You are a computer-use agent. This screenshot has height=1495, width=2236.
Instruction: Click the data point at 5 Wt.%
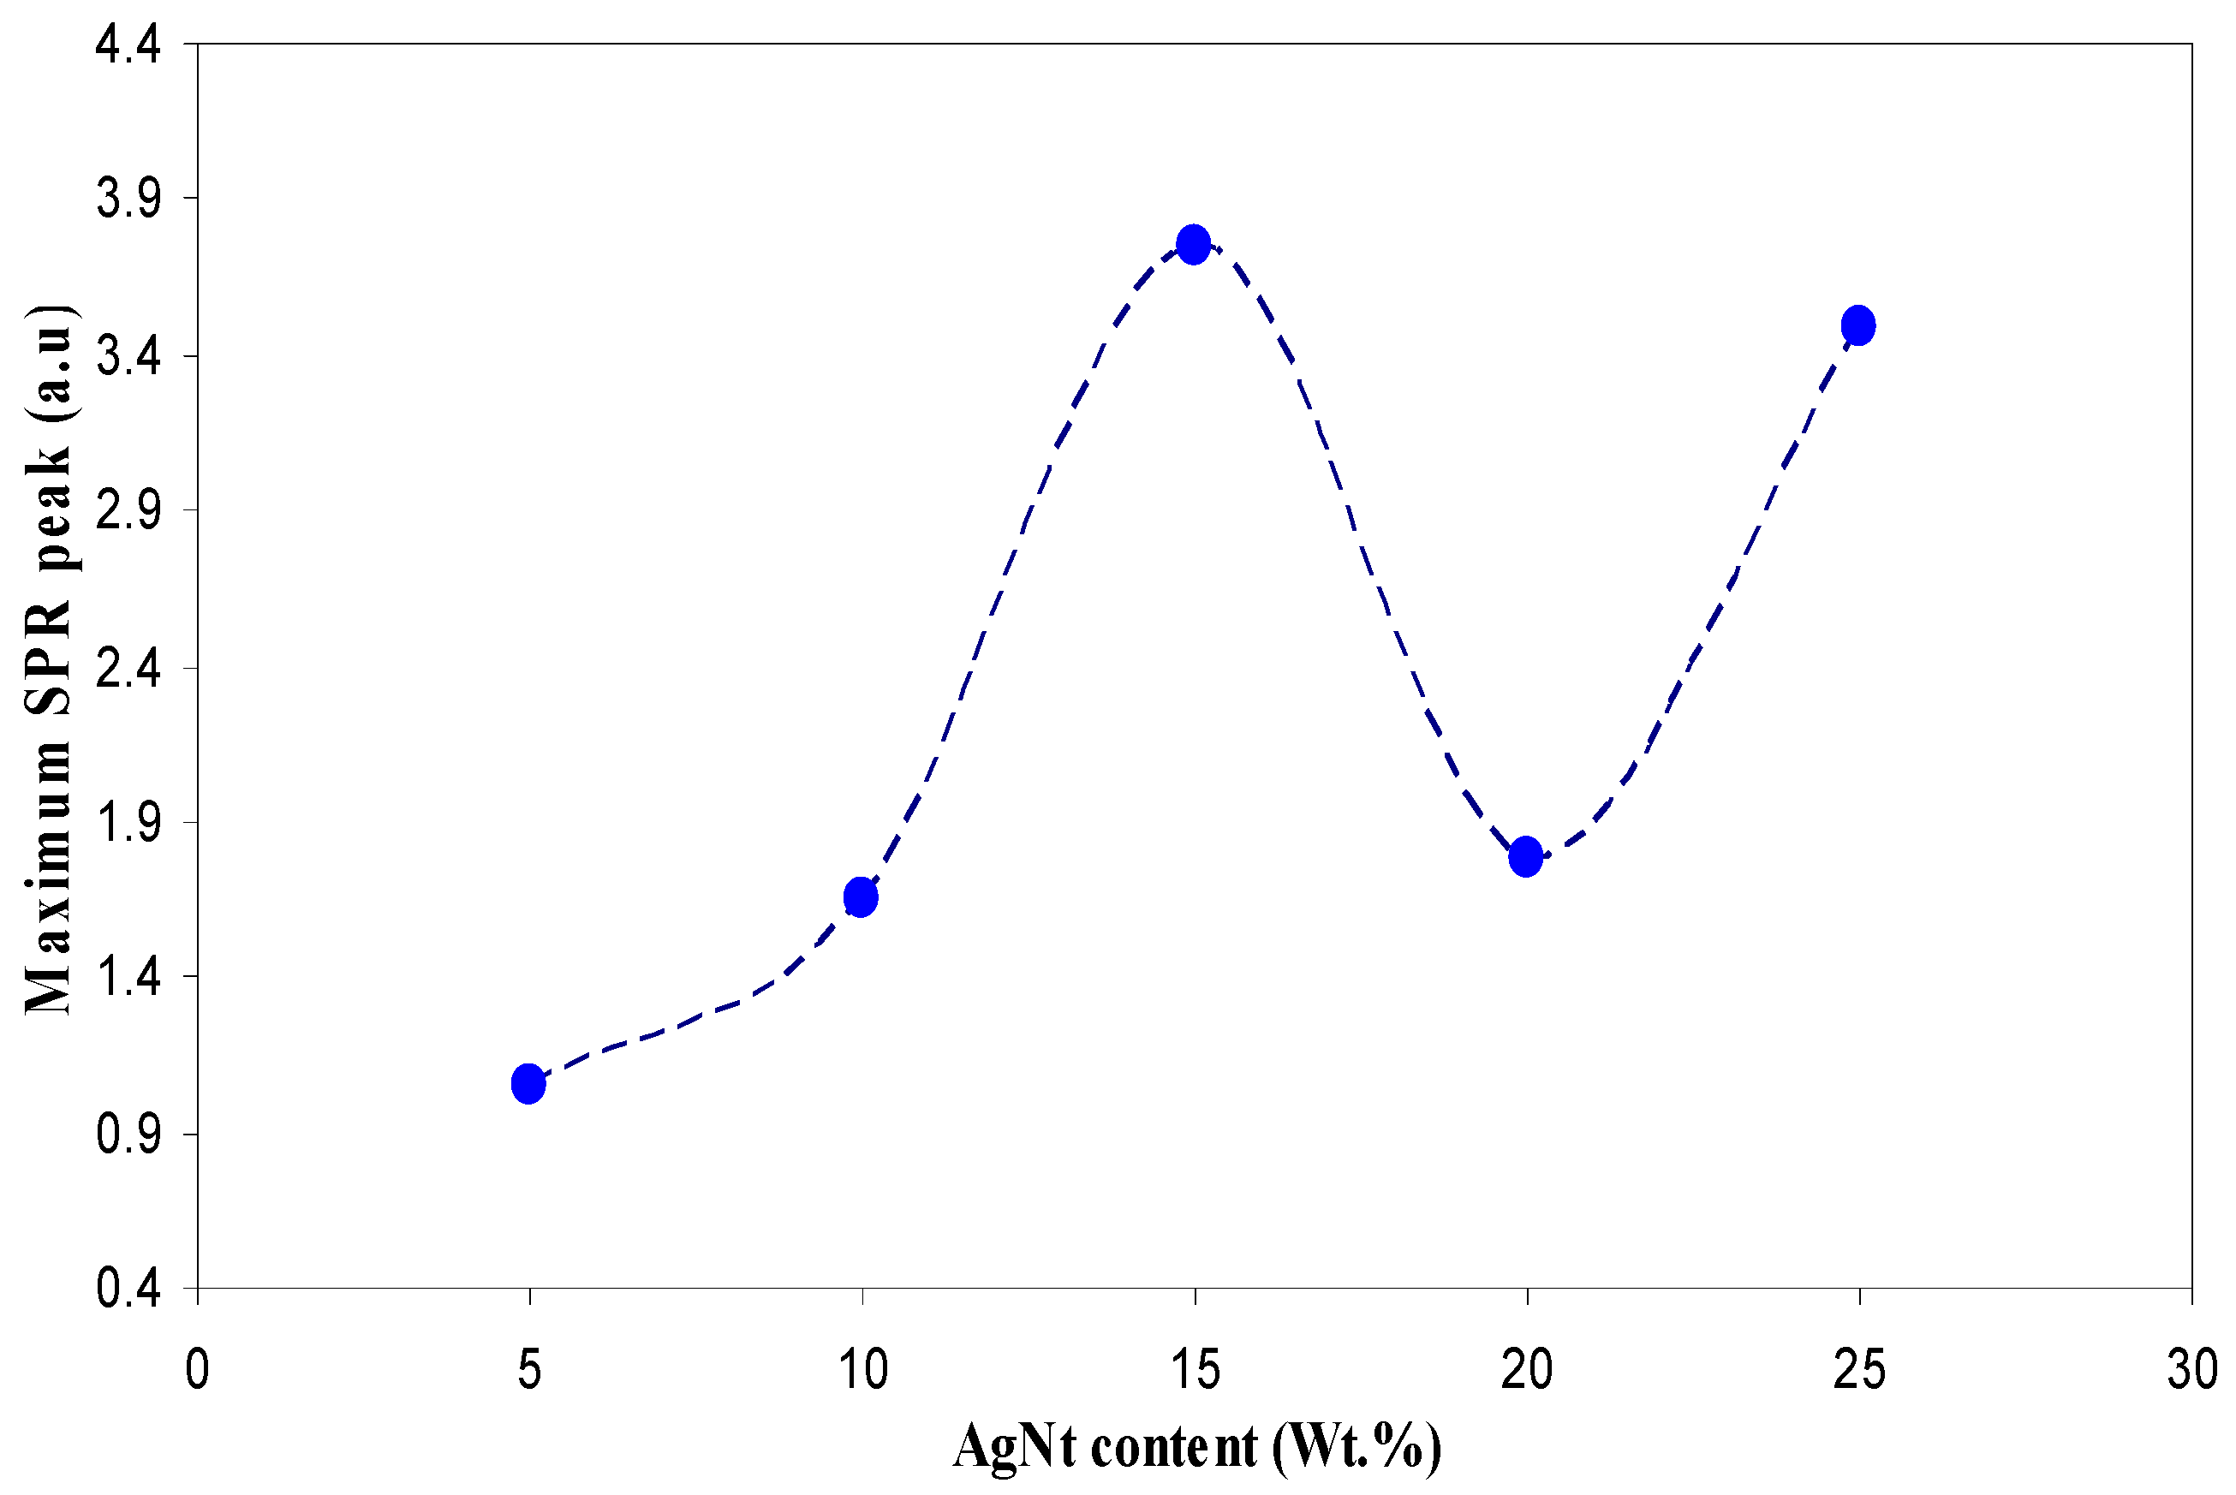[x=528, y=1083]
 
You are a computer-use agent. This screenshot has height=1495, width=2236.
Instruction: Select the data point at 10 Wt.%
[x=860, y=897]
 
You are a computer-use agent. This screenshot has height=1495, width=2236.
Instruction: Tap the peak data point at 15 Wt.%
[x=1193, y=245]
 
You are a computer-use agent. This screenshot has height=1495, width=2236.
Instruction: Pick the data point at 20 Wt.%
[x=1525, y=856]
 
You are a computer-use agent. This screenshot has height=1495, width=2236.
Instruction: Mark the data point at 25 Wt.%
[x=1858, y=326]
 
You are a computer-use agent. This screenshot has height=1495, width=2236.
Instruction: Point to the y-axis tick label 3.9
[x=128, y=200]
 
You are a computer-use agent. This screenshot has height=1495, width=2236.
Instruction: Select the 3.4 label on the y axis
[x=128, y=356]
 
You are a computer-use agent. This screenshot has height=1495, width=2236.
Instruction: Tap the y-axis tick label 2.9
[x=128, y=511]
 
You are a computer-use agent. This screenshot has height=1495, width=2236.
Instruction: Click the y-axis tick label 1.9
[x=128, y=823]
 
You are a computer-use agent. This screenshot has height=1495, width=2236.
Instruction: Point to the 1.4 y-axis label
[x=128, y=978]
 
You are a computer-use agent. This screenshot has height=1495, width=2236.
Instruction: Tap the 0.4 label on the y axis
[x=128, y=1289]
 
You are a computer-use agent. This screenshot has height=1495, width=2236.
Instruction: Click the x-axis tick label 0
[x=197, y=1370]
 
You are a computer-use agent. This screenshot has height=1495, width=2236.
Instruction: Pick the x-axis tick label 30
[x=2191, y=1370]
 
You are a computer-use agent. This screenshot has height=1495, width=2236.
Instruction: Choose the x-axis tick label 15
[x=1195, y=1370]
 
